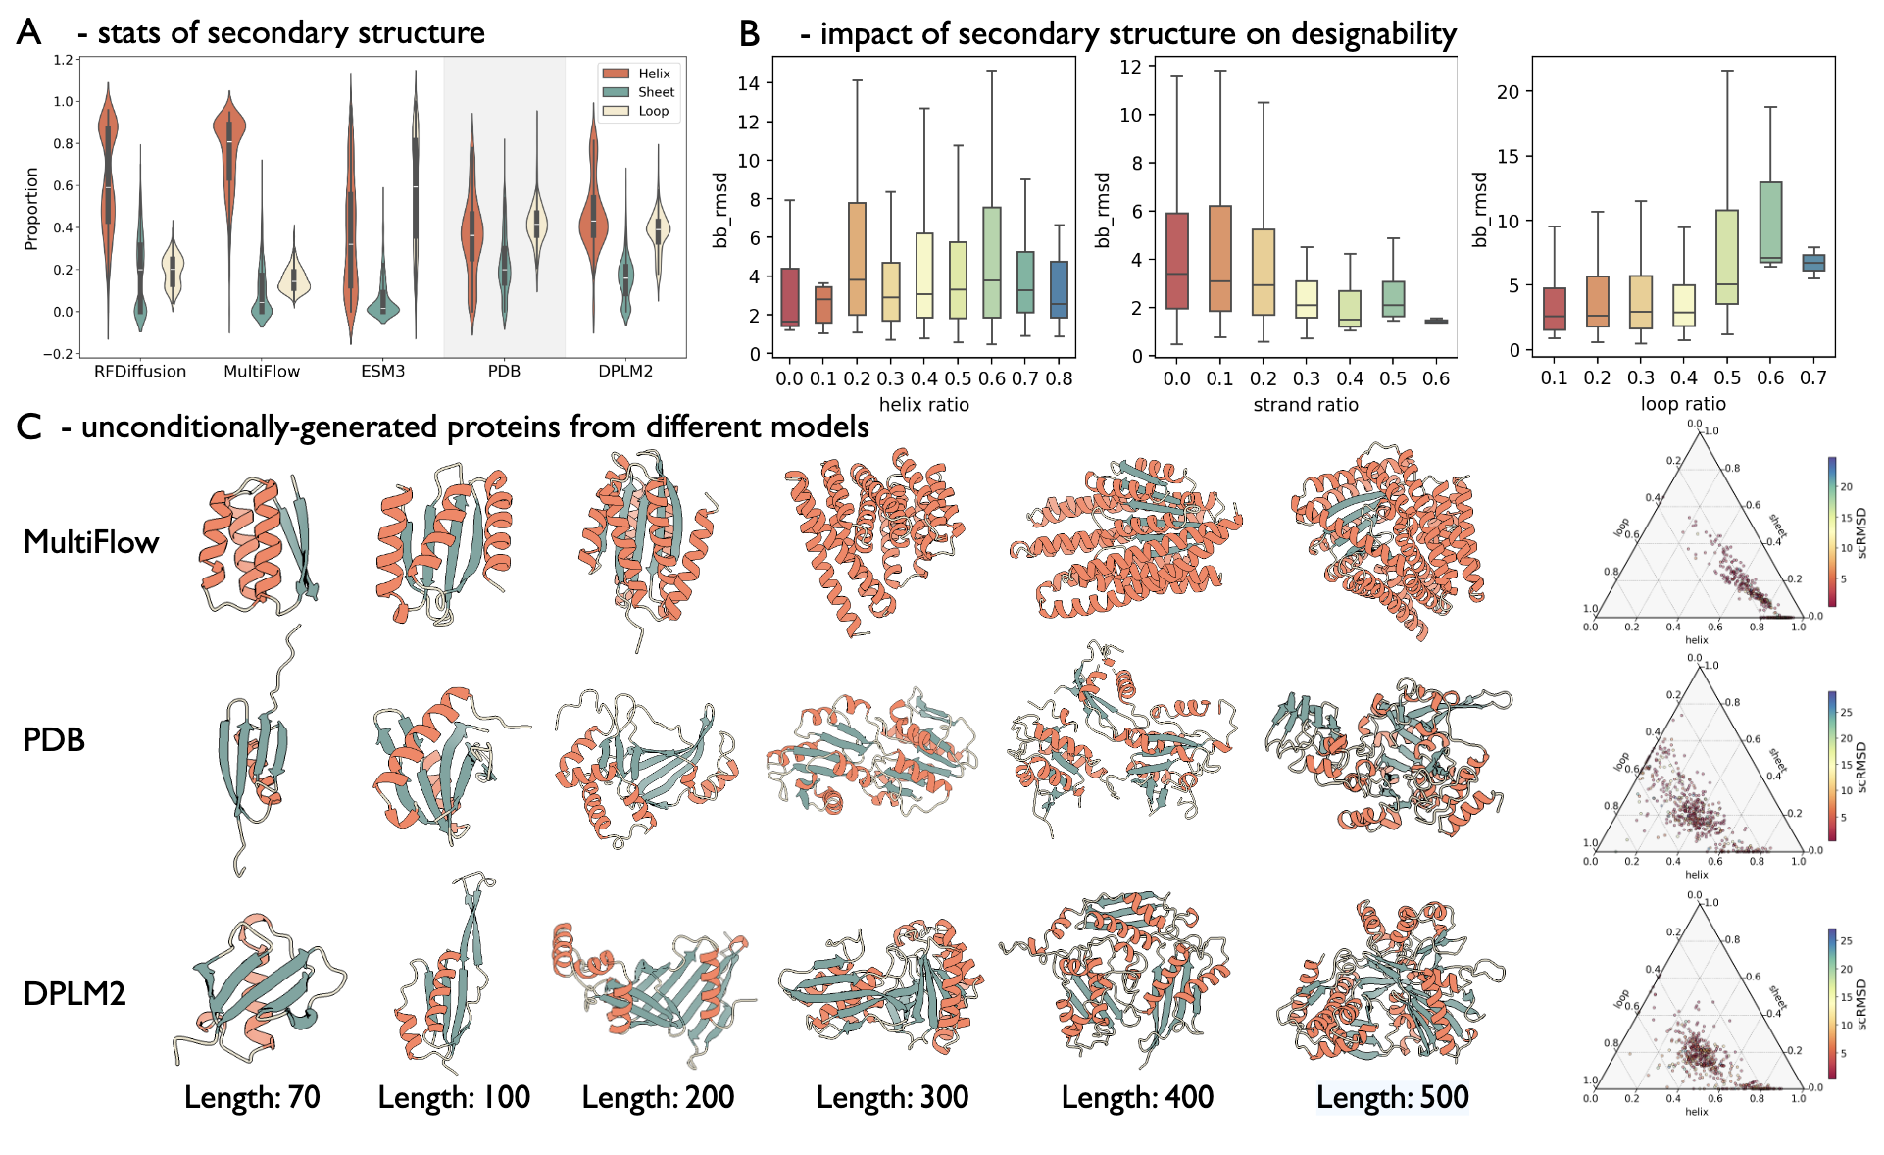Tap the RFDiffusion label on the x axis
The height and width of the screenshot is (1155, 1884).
140,372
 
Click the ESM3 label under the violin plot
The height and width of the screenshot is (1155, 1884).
382,372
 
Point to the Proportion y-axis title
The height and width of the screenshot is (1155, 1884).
31,208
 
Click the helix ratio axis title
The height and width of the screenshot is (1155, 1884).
923,404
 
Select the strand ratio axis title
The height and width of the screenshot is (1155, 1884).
1306,404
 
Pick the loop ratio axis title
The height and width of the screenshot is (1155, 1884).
1683,403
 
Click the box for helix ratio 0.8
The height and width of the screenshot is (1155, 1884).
1059,289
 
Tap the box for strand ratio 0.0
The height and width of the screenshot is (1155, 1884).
1177,261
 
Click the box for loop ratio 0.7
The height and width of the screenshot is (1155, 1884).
1813,262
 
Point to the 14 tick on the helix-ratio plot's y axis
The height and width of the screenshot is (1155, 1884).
749,83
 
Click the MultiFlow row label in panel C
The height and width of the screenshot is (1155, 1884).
91,541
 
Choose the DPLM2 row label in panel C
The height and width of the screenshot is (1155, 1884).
74,993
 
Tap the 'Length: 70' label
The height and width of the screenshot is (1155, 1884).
252,1097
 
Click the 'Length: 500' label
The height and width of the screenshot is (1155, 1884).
1392,1097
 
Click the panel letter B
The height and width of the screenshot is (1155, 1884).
750,33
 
